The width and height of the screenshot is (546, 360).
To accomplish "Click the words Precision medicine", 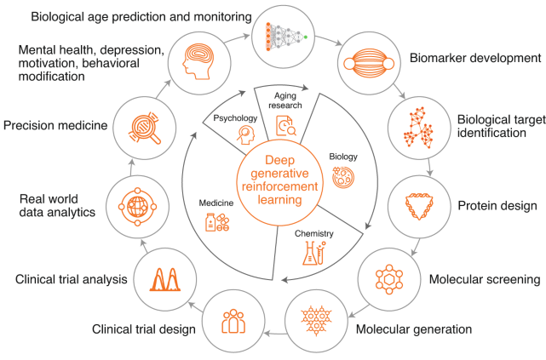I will (x=55, y=125).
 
